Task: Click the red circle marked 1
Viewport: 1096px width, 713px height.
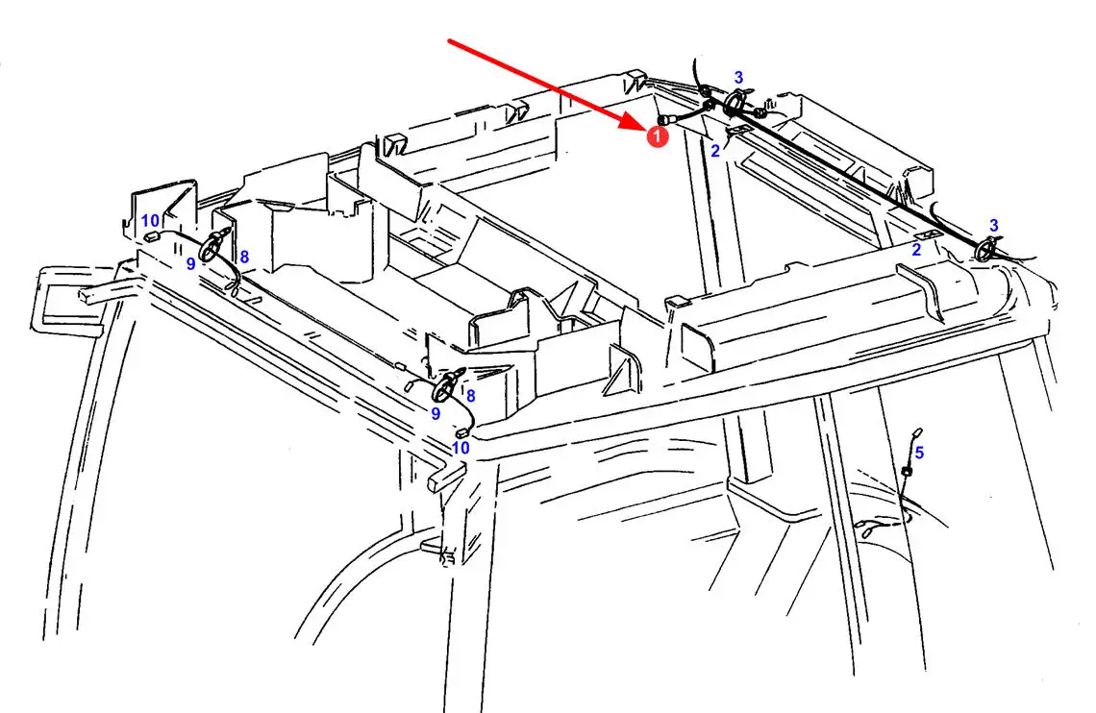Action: click(657, 136)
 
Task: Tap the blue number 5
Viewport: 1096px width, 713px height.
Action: click(919, 453)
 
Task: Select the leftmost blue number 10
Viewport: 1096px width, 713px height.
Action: click(150, 221)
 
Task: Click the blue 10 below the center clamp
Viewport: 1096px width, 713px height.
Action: click(461, 448)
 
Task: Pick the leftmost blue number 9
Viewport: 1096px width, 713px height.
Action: click(190, 264)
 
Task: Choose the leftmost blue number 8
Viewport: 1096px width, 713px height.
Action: click(244, 257)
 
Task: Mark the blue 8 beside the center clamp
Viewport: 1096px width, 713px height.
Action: click(470, 396)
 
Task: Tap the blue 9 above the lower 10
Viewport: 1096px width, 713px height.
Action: click(436, 413)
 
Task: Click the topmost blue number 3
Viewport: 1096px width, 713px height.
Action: click(738, 78)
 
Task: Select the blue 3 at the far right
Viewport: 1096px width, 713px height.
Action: click(993, 226)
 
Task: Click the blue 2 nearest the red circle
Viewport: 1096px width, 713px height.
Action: click(714, 151)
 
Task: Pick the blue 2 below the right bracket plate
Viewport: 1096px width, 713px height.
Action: click(915, 249)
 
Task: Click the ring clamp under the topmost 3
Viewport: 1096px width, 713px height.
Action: click(734, 103)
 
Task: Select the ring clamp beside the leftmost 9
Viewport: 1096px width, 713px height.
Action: click(211, 248)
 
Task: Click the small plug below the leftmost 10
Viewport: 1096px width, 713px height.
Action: click(150, 237)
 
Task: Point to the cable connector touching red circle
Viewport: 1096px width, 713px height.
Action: click(664, 120)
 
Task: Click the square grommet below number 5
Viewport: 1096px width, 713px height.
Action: click(907, 473)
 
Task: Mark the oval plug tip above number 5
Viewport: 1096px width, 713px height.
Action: click(918, 432)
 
